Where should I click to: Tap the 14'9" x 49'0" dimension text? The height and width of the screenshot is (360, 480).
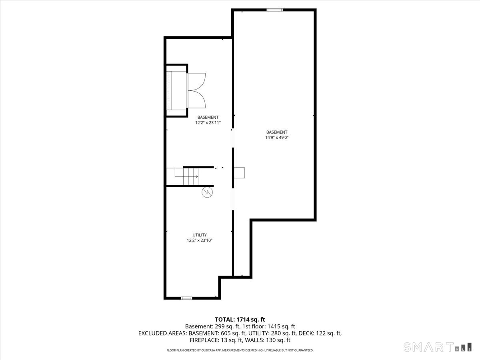[x=277, y=138]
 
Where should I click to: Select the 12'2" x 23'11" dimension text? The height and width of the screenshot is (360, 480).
[x=208, y=123]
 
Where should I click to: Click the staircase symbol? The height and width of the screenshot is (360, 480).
[x=190, y=176]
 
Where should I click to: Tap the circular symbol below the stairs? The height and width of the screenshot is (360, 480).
[x=208, y=192]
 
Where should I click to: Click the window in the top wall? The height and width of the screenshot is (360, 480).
[x=275, y=10]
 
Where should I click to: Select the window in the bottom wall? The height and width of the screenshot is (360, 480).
[x=186, y=298]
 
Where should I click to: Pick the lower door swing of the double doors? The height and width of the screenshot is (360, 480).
[x=196, y=100]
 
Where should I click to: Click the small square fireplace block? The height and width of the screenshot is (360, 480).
[x=240, y=172]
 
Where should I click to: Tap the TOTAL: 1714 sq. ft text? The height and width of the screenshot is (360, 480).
[x=240, y=319]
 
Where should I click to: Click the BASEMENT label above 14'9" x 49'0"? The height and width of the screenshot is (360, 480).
[x=277, y=132]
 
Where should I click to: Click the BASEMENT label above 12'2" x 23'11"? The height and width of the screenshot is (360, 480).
[x=208, y=117]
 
